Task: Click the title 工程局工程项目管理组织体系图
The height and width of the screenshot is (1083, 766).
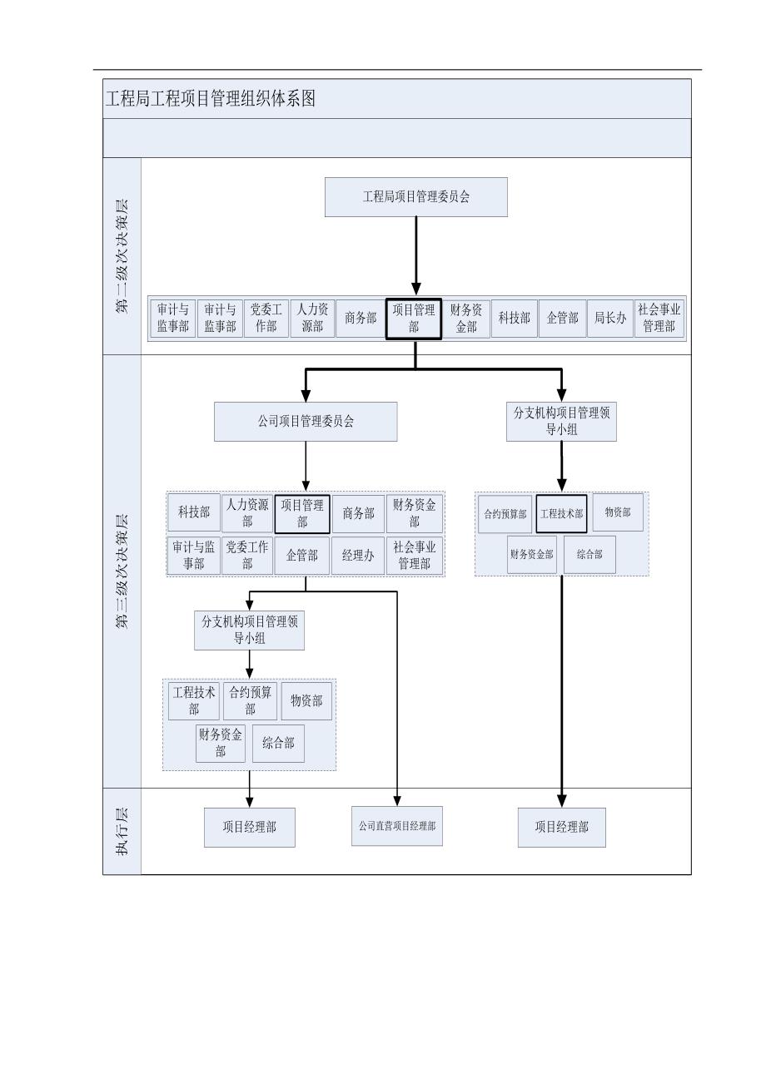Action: pyautogui.click(x=210, y=98)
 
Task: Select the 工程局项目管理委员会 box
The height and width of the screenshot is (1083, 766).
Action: pyautogui.click(x=415, y=197)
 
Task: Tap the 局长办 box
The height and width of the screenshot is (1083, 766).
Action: pyautogui.click(x=609, y=318)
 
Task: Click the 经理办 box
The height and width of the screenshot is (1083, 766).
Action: pyautogui.click(x=357, y=556)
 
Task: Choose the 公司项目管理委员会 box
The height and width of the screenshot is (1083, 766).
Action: pyautogui.click(x=306, y=422)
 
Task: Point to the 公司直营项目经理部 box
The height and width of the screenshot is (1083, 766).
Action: pyautogui.click(x=397, y=827)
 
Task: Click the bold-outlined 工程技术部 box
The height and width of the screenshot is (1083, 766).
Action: pyautogui.click(x=561, y=514)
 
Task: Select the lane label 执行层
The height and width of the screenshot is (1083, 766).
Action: pyautogui.click(x=122, y=831)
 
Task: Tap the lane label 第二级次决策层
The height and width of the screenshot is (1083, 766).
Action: pyautogui.click(x=122, y=255)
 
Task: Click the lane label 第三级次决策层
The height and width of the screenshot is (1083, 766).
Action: pyautogui.click(x=122, y=571)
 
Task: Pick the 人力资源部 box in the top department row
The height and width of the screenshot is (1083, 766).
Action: pyautogui.click(x=312, y=318)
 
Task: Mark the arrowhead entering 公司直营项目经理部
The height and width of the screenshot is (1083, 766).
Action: pyautogui.click(x=397, y=799)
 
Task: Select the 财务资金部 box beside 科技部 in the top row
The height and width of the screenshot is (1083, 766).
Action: pyautogui.click(x=466, y=318)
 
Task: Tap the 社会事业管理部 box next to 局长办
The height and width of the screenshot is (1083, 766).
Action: pyautogui.click(x=659, y=318)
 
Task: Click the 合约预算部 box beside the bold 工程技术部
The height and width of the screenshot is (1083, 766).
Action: pyautogui.click(x=505, y=514)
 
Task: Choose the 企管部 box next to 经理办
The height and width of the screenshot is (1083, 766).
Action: pyautogui.click(x=301, y=556)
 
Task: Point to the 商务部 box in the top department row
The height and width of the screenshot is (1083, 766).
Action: pyautogui.click(x=360, y=318)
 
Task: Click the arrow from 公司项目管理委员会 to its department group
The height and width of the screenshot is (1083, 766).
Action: pyautogui.click(x=306, y=466)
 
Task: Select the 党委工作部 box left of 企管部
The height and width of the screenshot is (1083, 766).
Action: pyautogui.click(x=247, y=556)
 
